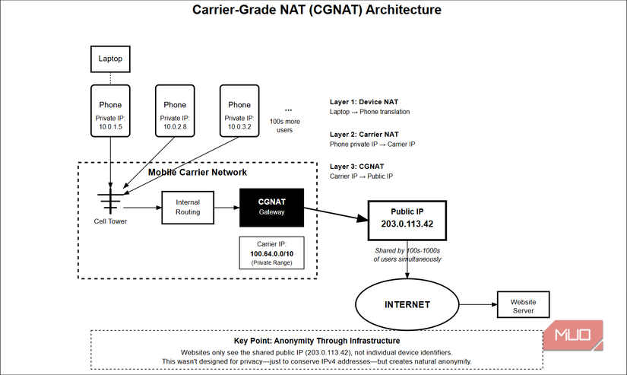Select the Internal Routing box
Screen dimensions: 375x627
tap(188, 207)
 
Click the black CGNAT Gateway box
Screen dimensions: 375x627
tap(271, 207)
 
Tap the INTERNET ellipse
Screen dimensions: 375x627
tap(406, 305)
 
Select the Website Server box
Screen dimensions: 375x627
tap(521, 306)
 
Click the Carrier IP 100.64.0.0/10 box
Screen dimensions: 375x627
tap(271, 253)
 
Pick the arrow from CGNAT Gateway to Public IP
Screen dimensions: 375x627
tap(334, 213)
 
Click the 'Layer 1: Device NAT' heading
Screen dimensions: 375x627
tap(363, 101)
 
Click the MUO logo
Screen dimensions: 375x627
tap(577, 335)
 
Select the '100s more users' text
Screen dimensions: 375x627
tap(286, 125)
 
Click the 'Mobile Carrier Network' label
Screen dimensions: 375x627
tap(198, 173)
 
